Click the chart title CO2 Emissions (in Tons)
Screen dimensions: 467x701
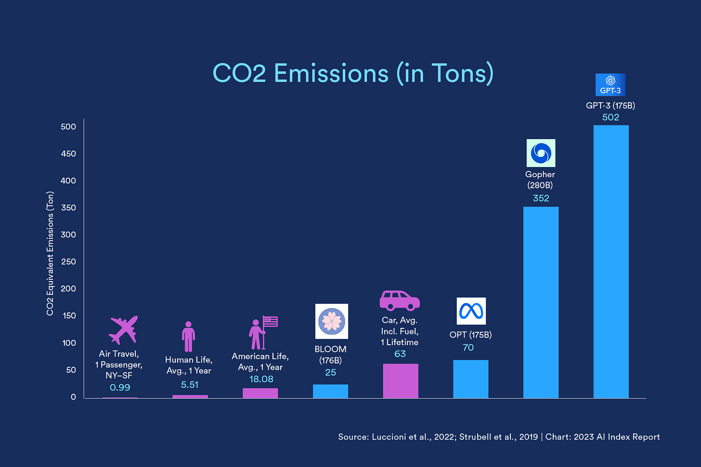[353, 73]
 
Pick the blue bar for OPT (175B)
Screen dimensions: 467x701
[470, 379]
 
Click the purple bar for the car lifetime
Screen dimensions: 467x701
[400, 381]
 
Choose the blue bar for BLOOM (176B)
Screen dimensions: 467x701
[330, 391]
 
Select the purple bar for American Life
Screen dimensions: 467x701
[260, 393]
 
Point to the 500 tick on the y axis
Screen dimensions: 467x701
[68, 127]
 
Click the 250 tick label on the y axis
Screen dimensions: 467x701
[68, 261]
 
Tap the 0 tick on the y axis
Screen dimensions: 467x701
[73, 397]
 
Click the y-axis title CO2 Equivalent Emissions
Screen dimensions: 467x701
[50, 253]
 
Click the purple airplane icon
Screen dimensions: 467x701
[123, 330]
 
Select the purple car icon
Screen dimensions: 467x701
[400, 300]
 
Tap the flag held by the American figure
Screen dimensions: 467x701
[271, 321]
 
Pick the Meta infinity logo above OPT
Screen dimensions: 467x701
[471, 311]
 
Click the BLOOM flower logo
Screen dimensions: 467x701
[331, 321]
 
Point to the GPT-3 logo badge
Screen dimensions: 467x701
[610, 85]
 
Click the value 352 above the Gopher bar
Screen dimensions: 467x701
[541, 198]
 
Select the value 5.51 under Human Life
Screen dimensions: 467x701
[189, 385]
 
